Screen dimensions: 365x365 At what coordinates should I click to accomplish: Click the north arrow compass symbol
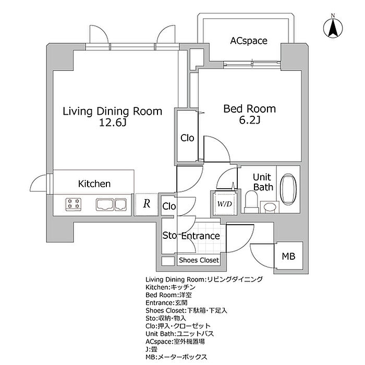click(333, 28)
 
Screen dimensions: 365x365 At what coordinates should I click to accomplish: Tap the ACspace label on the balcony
click(249, 41)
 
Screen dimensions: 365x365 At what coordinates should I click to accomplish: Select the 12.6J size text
click(113, 123)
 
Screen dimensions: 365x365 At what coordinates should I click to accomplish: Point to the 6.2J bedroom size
click(249, 120)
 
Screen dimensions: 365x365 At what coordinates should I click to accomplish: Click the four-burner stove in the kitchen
click(74, 204)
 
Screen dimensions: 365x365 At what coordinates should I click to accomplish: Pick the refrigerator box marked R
click(147, 204)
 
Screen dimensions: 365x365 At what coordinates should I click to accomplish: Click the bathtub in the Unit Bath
click(288, 189)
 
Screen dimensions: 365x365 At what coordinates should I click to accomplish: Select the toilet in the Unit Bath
click(251, 202)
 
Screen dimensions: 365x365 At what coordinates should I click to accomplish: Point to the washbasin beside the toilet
click(270, 206)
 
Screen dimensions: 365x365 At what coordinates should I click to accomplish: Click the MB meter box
click(288, 256)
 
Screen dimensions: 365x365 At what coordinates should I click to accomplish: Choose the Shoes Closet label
click(199, 260)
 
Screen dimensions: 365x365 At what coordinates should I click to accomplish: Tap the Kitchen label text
click(94, 184)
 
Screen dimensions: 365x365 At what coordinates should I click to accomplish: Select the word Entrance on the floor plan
click(200, 236)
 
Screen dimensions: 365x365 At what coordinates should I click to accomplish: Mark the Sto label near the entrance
click(169, 236)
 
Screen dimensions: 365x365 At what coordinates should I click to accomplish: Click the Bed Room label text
click(250, 108)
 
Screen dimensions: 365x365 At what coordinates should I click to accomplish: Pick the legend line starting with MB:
click(176, 357)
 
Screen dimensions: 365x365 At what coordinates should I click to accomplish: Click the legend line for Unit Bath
click(179, 334)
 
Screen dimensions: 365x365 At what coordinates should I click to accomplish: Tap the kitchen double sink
click(111, 204)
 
